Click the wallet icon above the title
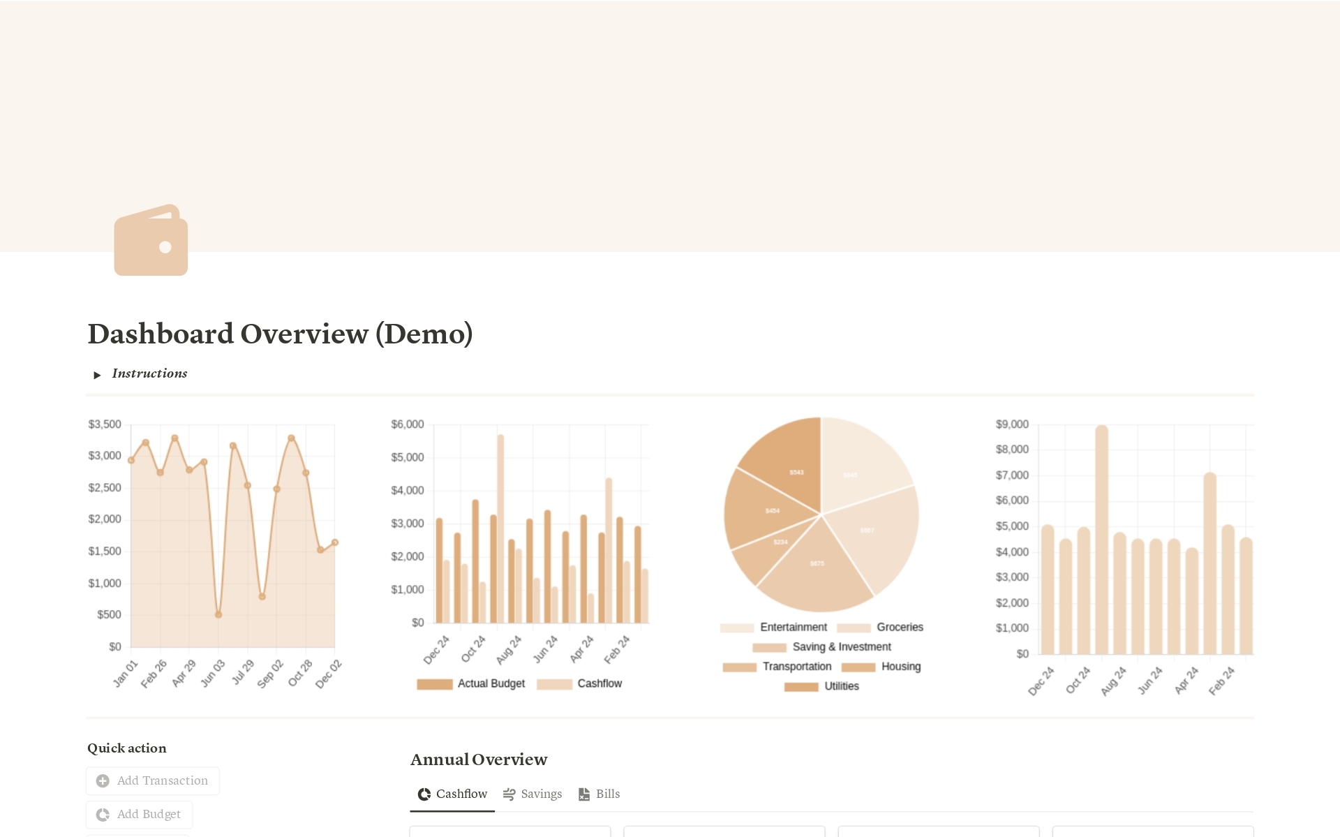151,241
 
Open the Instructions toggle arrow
97,375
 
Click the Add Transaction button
153,780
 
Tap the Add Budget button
140,814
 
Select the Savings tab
533,794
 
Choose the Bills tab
600,794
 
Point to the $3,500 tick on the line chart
105,424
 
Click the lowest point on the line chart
218,615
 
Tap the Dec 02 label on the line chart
328,674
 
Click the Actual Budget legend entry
471,683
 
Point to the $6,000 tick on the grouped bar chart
408,424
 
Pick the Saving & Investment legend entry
822,647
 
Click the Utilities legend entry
822,686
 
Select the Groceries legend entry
881,628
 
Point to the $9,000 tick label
1012,424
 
